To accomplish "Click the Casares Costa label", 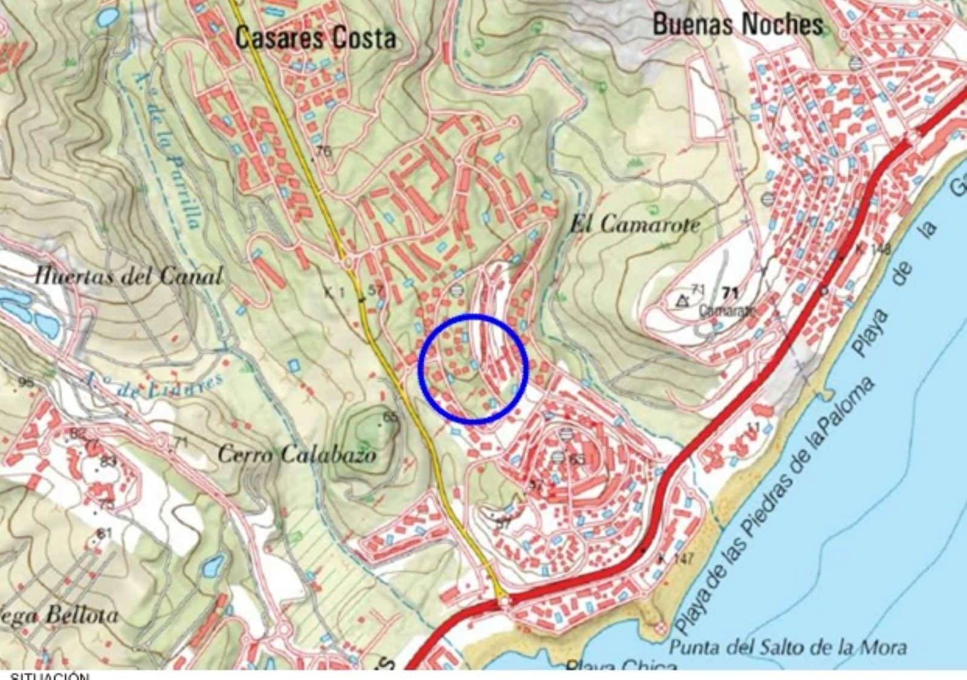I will click(x=315, y=38).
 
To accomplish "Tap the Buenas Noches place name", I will click(x=738, y=25).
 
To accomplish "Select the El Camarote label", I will click(x=635, y=225).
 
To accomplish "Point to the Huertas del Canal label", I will click(x=128, y=277).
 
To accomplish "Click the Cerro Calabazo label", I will click(x=296, y=454).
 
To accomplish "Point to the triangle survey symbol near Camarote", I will click(x=684, y=299).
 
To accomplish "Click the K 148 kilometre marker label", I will click(x=873, y=249).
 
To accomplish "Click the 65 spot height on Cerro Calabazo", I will click(x=391, y=417).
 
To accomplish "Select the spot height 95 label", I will click(x=25, y=382).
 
